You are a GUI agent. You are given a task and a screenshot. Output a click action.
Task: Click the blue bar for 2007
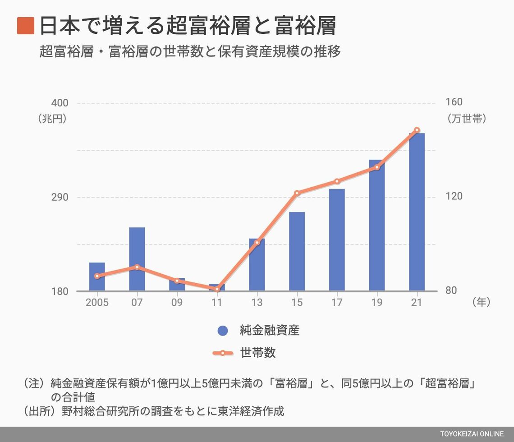click(137, 259)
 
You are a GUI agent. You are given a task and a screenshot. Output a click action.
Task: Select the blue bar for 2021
click(417, 212)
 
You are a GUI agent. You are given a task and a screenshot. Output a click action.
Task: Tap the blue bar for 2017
click(337, 239)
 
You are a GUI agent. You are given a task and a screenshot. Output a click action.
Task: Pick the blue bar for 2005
click(97, 276)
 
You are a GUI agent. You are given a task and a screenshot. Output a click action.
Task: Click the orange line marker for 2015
click(297, 193)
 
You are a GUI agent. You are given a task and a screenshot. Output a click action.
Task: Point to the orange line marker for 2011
click(217, 289)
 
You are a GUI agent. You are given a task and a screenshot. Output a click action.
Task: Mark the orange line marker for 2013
click(257, 243)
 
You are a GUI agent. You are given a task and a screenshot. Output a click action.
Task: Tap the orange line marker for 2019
click(377, 167)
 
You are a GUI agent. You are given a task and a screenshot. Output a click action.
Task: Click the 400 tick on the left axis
click(60, 103)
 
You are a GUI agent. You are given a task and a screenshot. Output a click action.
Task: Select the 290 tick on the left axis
click(60, 197)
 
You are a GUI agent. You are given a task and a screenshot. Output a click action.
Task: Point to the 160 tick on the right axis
click(454, 102)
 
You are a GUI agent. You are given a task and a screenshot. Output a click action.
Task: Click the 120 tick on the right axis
click(454, 197)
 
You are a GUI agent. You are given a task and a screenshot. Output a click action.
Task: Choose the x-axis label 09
click(177, 302)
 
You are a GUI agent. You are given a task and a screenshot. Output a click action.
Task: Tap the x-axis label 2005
click(97, 302)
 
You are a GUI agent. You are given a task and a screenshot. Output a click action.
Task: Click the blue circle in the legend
click(223, 331)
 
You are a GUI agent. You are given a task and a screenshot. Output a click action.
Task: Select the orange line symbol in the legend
click(223, 353)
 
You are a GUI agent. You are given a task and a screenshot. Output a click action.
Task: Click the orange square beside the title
click(26, 26)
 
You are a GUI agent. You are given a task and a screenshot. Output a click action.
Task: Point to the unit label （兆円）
click(52, 119)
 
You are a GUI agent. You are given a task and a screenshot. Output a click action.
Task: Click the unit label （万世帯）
click(467, 119)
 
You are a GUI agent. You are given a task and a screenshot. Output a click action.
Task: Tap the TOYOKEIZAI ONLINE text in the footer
click(472, 434)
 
